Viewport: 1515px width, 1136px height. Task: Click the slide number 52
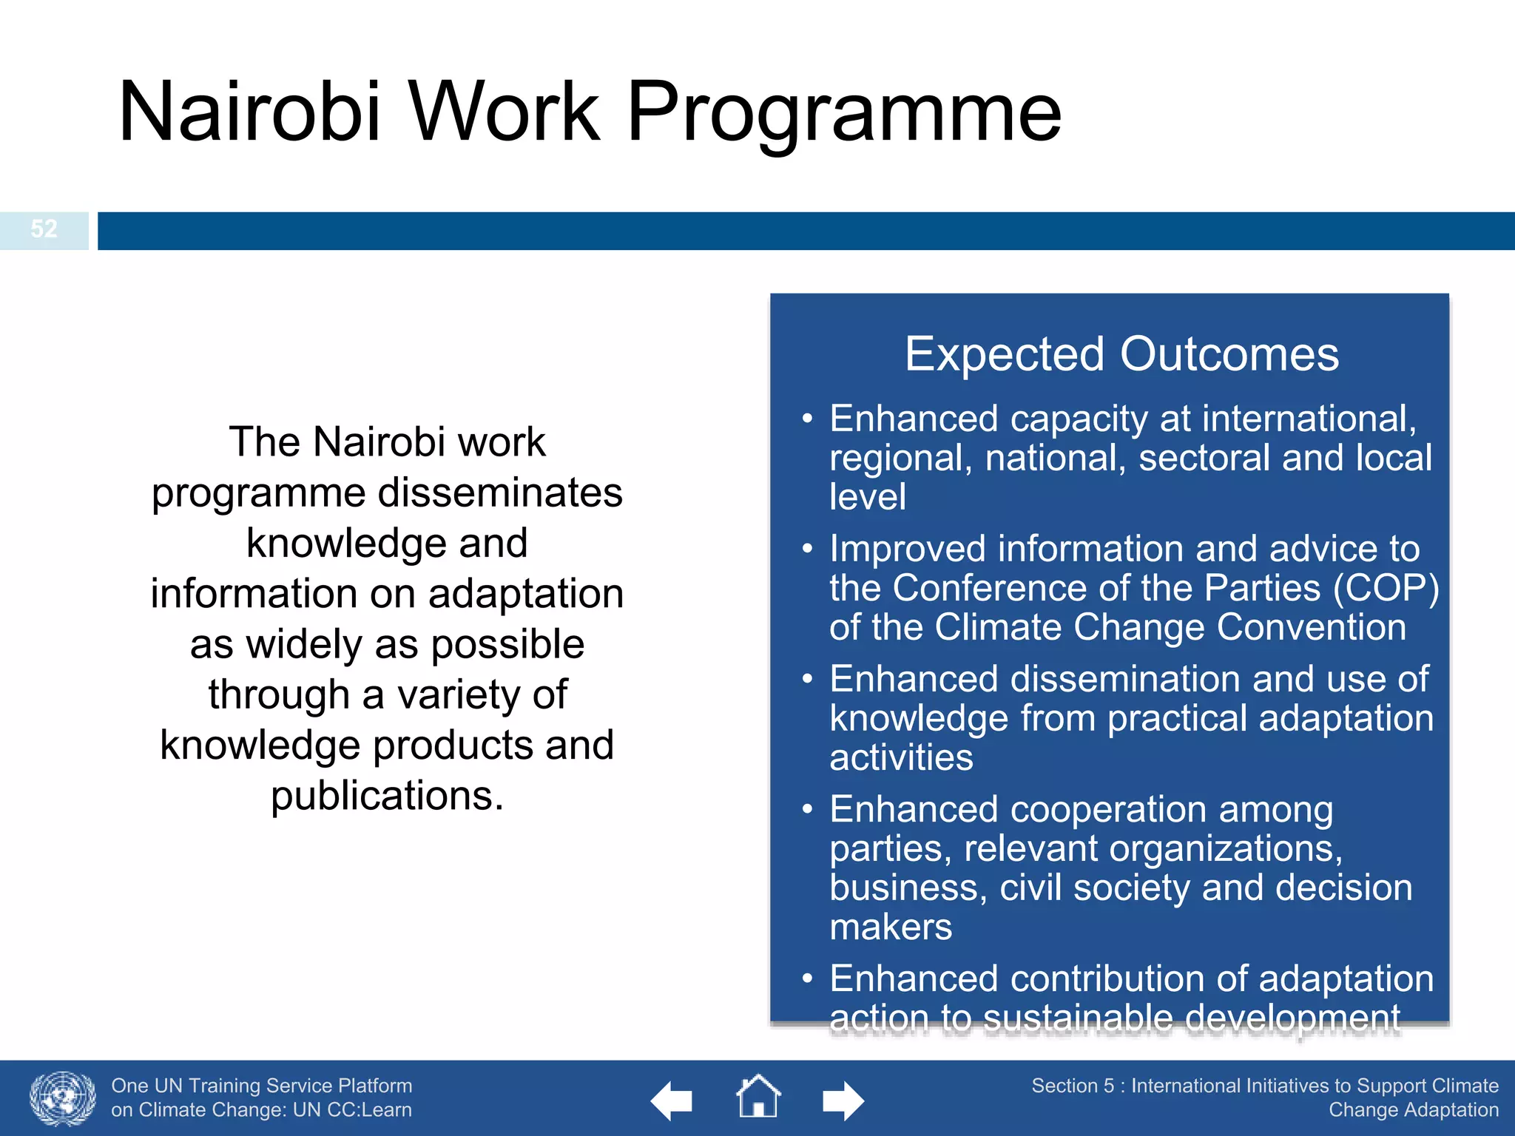(x=44, y=229)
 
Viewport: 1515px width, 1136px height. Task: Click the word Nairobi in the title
(x=249, y=112)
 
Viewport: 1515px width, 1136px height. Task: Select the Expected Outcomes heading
(x=1121, y=354)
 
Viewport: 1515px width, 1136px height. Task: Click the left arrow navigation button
(x=672, y=1101)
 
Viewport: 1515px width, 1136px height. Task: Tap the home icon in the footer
(x=758, y=1098)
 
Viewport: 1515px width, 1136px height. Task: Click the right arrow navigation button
(x=843, y=1101)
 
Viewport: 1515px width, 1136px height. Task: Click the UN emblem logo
(x=63, y=1099)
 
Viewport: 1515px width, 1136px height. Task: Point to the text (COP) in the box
(x=1386, y=589)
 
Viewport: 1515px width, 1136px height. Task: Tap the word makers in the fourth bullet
(x=891, y=927)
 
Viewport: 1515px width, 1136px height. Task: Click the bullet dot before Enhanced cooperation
(x=808, y=810)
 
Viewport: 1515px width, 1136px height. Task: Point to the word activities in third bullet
(x=901, y=758)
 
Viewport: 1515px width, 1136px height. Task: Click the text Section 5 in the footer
(x=1072, y=1086)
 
